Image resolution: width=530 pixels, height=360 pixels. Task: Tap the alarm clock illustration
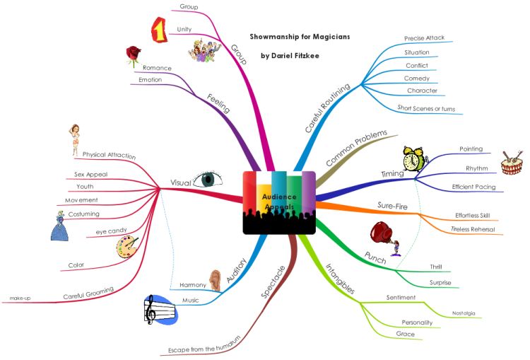[414, 159]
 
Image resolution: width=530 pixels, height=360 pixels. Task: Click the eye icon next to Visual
[208, 179]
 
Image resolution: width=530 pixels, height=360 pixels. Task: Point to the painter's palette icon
[126, 248]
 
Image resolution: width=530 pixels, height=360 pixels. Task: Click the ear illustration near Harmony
[215, 281]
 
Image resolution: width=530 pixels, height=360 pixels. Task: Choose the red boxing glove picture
[384, 238]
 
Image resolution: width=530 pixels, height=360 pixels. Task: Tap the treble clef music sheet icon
[160, 310]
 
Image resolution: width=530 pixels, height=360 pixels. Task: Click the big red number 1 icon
[159, 30]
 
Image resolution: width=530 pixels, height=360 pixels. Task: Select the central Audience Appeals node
[279, 202]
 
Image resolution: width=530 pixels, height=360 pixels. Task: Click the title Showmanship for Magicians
[300, 37]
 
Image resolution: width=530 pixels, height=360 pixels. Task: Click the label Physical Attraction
[109, 155]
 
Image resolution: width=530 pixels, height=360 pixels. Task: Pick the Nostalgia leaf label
[464, 313]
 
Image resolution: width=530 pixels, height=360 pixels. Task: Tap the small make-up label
[20, 298]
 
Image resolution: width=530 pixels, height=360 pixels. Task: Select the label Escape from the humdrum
[204, 345]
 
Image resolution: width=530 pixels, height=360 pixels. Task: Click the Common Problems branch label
[357, 148]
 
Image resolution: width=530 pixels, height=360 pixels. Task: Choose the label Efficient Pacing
[473, 187]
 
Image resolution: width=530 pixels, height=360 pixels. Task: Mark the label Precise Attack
[424, 38]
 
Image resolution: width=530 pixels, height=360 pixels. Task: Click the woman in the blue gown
[60, 226]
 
